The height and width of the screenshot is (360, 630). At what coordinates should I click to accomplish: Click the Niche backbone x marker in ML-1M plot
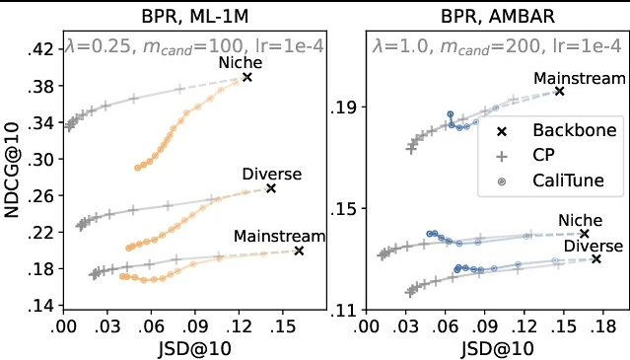point(247,77)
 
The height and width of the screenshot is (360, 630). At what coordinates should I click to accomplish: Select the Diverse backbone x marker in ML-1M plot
point(271,188)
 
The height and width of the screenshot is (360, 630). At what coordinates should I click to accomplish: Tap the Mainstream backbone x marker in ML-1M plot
point(299,252)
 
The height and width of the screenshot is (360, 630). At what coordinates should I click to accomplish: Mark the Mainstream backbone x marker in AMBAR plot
point(559,91)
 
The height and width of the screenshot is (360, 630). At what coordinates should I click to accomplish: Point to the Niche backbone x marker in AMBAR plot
point(585,234)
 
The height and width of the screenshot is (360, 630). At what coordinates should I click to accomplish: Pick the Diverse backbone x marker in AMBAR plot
point(596,259)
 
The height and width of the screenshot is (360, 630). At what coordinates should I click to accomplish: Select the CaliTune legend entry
point(550,180)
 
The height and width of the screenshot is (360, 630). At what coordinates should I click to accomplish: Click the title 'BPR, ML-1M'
point(195,17)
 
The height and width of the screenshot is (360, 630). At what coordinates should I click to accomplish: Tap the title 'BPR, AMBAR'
point(498,17)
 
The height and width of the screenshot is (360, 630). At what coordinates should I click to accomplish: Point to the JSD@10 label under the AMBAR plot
point(498,348)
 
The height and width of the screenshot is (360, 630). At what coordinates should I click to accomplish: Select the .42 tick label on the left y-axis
point(41,49)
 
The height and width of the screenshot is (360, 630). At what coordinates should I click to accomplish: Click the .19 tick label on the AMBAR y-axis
point(343,108)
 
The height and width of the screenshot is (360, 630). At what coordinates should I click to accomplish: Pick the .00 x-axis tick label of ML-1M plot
point(63,326)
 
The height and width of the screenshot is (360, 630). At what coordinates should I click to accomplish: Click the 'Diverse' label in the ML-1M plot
point(272,174)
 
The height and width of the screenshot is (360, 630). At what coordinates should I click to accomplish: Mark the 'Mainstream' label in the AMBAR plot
point(580,78)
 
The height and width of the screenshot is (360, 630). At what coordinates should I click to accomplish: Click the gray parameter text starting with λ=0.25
point(194,46)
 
